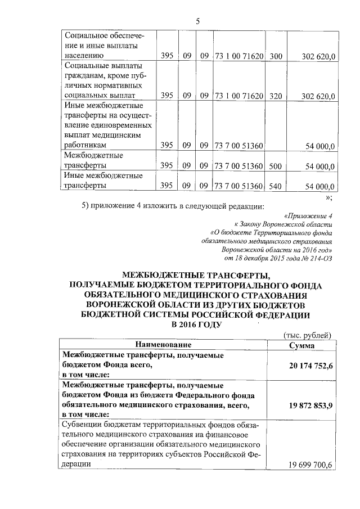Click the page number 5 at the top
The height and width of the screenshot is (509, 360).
(x=198, y=21)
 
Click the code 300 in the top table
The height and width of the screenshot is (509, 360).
(x=276, y=56)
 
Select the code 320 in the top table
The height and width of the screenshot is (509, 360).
(x=276, y=96)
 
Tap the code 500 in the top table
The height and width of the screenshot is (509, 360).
(x=276, y=166)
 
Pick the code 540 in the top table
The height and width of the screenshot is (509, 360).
(x=276, y=186)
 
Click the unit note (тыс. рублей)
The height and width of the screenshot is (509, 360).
(x=308, y=335)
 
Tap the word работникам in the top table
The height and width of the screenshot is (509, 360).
(x=85, y=146)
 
